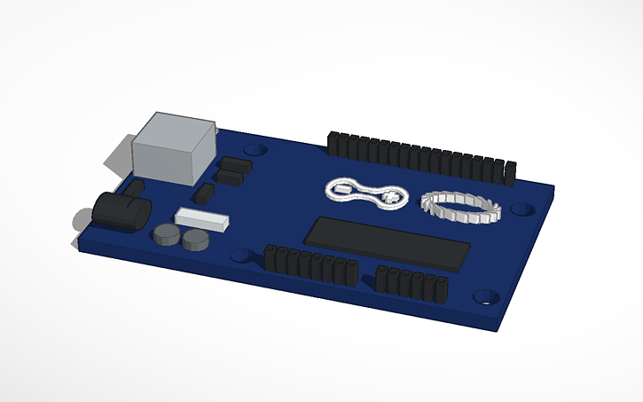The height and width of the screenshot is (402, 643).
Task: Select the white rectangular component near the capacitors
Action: (201, 218)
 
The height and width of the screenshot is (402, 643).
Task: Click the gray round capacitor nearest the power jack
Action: (166, 234)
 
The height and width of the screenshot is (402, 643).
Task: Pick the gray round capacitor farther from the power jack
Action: (194, 240)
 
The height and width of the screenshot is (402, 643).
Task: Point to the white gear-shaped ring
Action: (459, 205)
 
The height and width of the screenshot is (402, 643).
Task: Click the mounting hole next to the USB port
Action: (255, 149)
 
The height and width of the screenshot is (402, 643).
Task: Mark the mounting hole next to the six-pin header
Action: (483, 295)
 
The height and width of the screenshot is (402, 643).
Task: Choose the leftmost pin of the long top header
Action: (333, 145)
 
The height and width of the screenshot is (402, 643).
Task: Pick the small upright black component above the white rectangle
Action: (203, 194)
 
